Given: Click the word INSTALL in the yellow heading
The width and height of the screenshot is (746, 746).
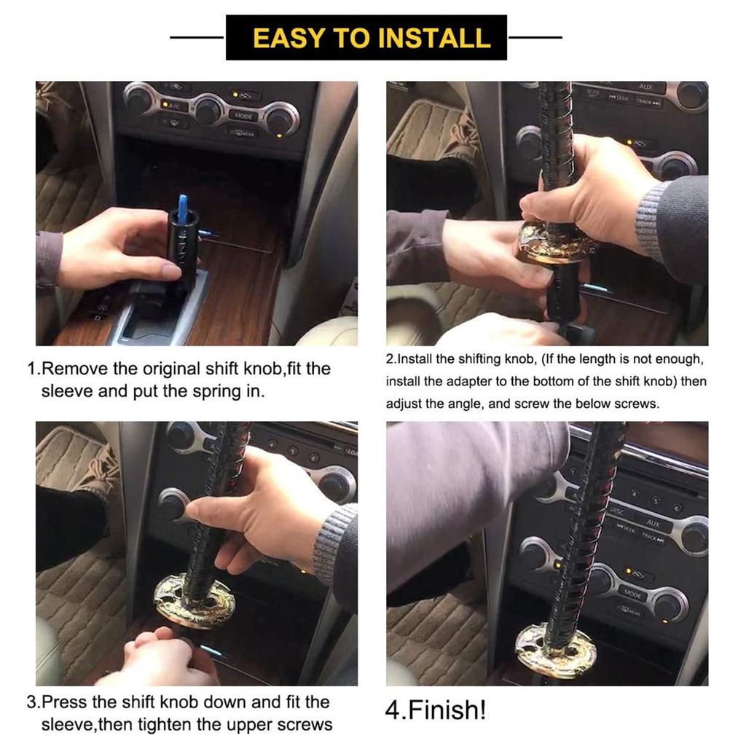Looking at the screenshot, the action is (434, 38).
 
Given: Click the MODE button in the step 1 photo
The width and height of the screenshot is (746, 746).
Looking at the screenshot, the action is (243, 116).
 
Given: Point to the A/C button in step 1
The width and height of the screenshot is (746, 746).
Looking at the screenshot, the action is (172, 106).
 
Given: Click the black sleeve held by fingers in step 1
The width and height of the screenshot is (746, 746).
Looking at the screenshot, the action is (183, 248).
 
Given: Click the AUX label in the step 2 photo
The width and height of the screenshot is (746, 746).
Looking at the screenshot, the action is (645, 87).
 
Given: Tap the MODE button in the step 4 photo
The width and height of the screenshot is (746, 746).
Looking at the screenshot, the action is (633, 594).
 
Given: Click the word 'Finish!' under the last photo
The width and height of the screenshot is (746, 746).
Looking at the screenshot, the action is (447, 710).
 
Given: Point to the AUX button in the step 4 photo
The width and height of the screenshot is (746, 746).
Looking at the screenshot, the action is (653, 523).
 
